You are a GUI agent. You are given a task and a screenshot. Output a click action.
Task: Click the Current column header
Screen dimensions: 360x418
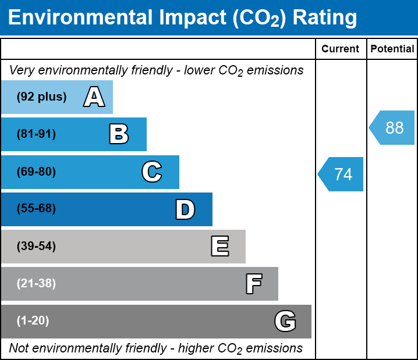pyautogui.click(x=341, y=49)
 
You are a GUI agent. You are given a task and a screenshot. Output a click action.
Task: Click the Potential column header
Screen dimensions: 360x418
pyautogui.click(x=392, y=49)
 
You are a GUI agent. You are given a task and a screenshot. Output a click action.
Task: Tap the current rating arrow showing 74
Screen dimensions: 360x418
pyautogui.click(x=341, y=174)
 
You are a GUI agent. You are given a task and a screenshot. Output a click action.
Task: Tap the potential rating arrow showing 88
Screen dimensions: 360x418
pyautogui.click(x=392, y=127)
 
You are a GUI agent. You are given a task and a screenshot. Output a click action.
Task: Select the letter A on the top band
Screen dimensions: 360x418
pyautogui.click(x=94, y=97)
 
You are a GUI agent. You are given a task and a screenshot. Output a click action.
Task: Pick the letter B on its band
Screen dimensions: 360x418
pyautogui.click(x=119, y=134)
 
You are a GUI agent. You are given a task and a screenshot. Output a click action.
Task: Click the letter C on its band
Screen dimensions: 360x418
pyautogui.click(x=151, y=172)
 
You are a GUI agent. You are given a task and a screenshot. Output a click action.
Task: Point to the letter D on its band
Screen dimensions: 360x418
pyautogui.click(x=185, y=209)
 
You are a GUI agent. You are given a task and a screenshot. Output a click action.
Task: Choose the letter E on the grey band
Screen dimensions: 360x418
pyautogui.click(x=219, y=247)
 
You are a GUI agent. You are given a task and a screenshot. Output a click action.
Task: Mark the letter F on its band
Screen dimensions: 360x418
pyautogui.click(x=253, y=284)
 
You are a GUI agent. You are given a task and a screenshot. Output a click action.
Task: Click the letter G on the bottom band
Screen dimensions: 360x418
pyautogui.click(x=285, y=321)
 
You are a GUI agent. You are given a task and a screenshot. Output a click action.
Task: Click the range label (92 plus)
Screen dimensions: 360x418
pyautogui.click(x=41, y=97)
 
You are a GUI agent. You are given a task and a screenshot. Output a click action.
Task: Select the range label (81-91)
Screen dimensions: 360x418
pyautogui.click(x=36, y=134)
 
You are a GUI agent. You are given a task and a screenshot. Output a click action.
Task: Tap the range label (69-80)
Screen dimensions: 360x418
pyautogui.click(x=36, y=172)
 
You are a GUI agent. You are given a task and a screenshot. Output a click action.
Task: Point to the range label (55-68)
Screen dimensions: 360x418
pyautogui.click(x=36, y=209)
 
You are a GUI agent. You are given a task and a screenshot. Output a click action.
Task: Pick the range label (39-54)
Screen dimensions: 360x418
pyautogui.click(x=36, y=247)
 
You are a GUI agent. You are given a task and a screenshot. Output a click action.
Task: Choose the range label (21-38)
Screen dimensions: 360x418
pyautogui.click(x=36, y=284)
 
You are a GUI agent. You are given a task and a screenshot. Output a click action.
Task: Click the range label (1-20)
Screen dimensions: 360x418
pyautogui.click(x=33, y=321)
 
